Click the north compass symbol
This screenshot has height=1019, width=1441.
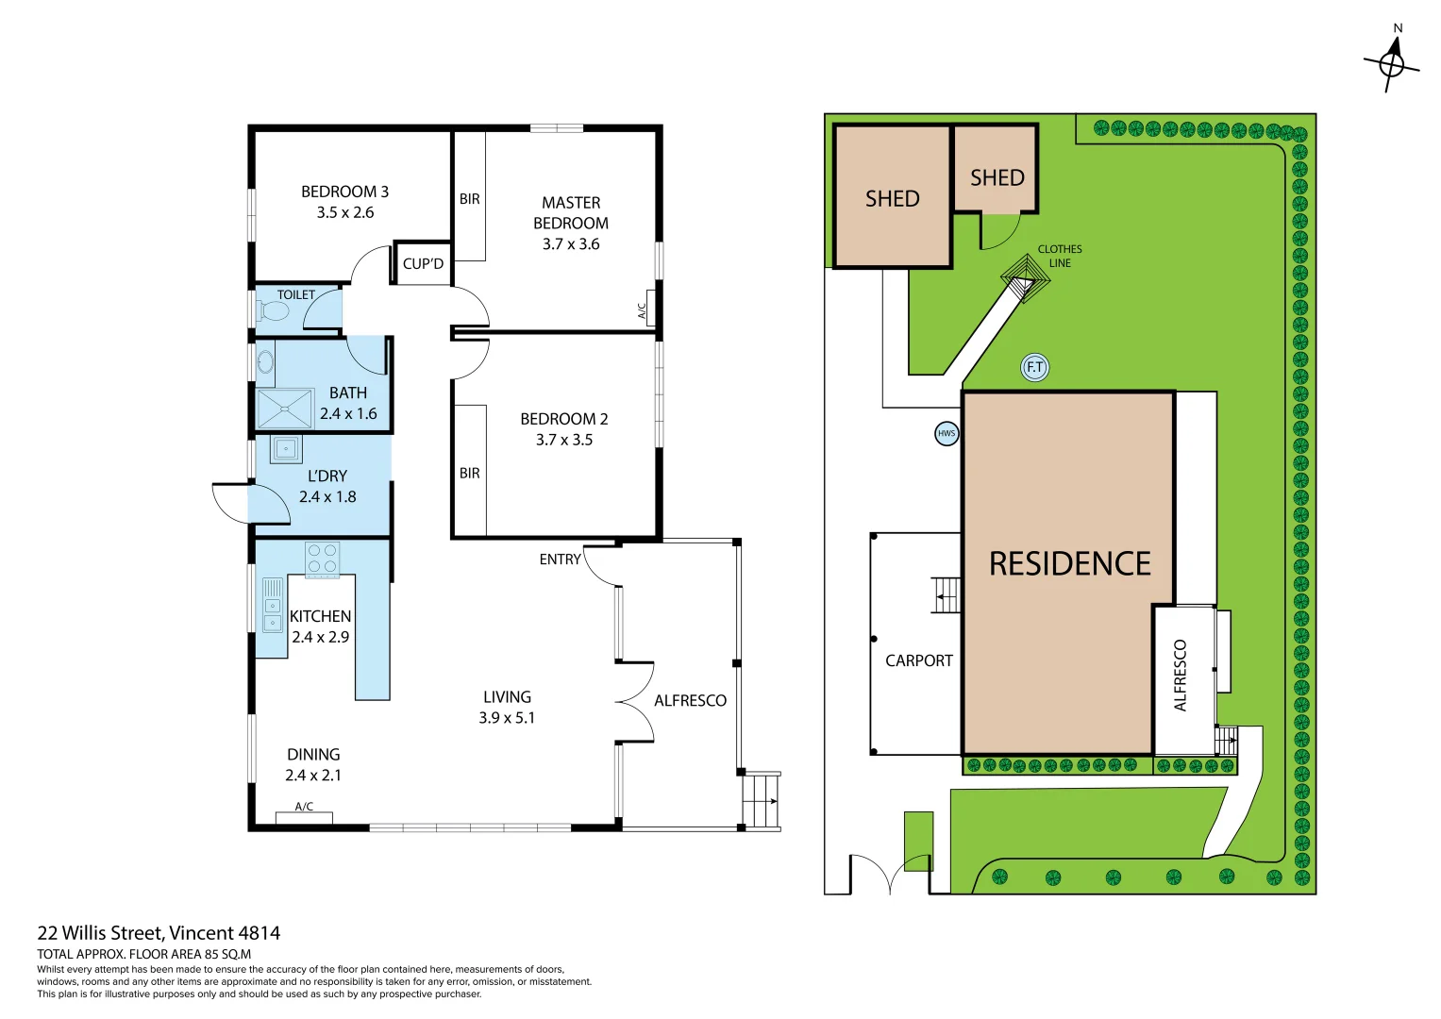pyautogui.click(x=1391, y=62)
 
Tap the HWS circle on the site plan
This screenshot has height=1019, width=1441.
pyautogui.click(x=947, y=433)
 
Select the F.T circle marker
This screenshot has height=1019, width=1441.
pyautogui.click(x=1034, y=367)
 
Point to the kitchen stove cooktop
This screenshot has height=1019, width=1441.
pyautogui.click(x=322, y=559)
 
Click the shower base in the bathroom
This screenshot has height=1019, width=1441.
pyautogui.click(x=284, y=409)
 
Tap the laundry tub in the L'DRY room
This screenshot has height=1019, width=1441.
pyautogui.click(x=286, y=449)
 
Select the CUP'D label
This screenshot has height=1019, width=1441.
pyautogui.click(x=423, y=263)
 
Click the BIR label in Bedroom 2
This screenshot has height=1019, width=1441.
pyautogui.click(x=469, y=473)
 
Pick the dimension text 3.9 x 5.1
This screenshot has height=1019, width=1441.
pyautogui.click(x=507, y=718)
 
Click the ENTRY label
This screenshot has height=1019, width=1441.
pyautogui.click(x=560, y=560)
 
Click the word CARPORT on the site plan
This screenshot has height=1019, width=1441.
pyautogui.click(x=918, y=660)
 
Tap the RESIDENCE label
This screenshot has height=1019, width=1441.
pyautogui.click(x=1069, y=564)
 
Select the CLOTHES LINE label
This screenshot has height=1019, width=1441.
pyautogui.click(x=1060, y=256)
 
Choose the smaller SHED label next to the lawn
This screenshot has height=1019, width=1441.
pyautogui.click(x=997, y=177)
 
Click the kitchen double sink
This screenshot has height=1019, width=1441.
pyautogui.click(x=272, y=605)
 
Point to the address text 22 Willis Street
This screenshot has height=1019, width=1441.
pyautogui.click(x=159, y=933)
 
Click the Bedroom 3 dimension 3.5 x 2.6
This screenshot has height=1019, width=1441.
pyautogui.click(x=345, y=213)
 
